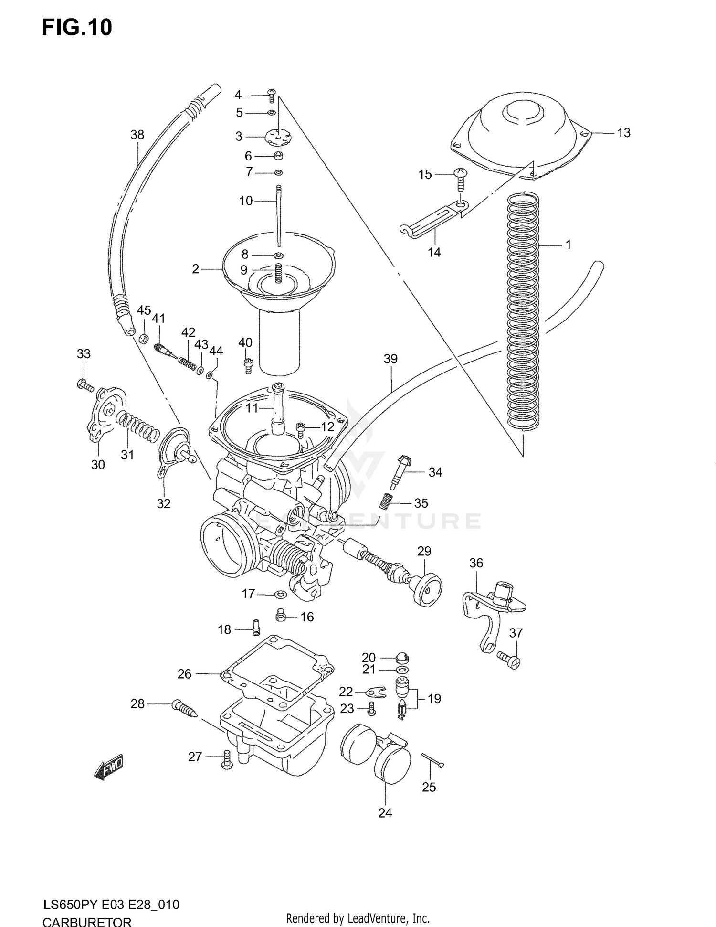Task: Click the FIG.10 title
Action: click(x=77, y=28)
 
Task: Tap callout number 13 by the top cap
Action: click(x=623, y=133)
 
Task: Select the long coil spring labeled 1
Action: click(x=523, y=310)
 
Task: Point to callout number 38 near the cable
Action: click(x=137, y=135)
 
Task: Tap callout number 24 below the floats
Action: click(x=385, y=812)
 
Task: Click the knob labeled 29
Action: click(x=426, y=588)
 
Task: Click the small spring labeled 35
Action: click(x=386, y=501)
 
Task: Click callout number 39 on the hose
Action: click(x=390, y=359)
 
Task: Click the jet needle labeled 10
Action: click(x=278, y=215)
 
